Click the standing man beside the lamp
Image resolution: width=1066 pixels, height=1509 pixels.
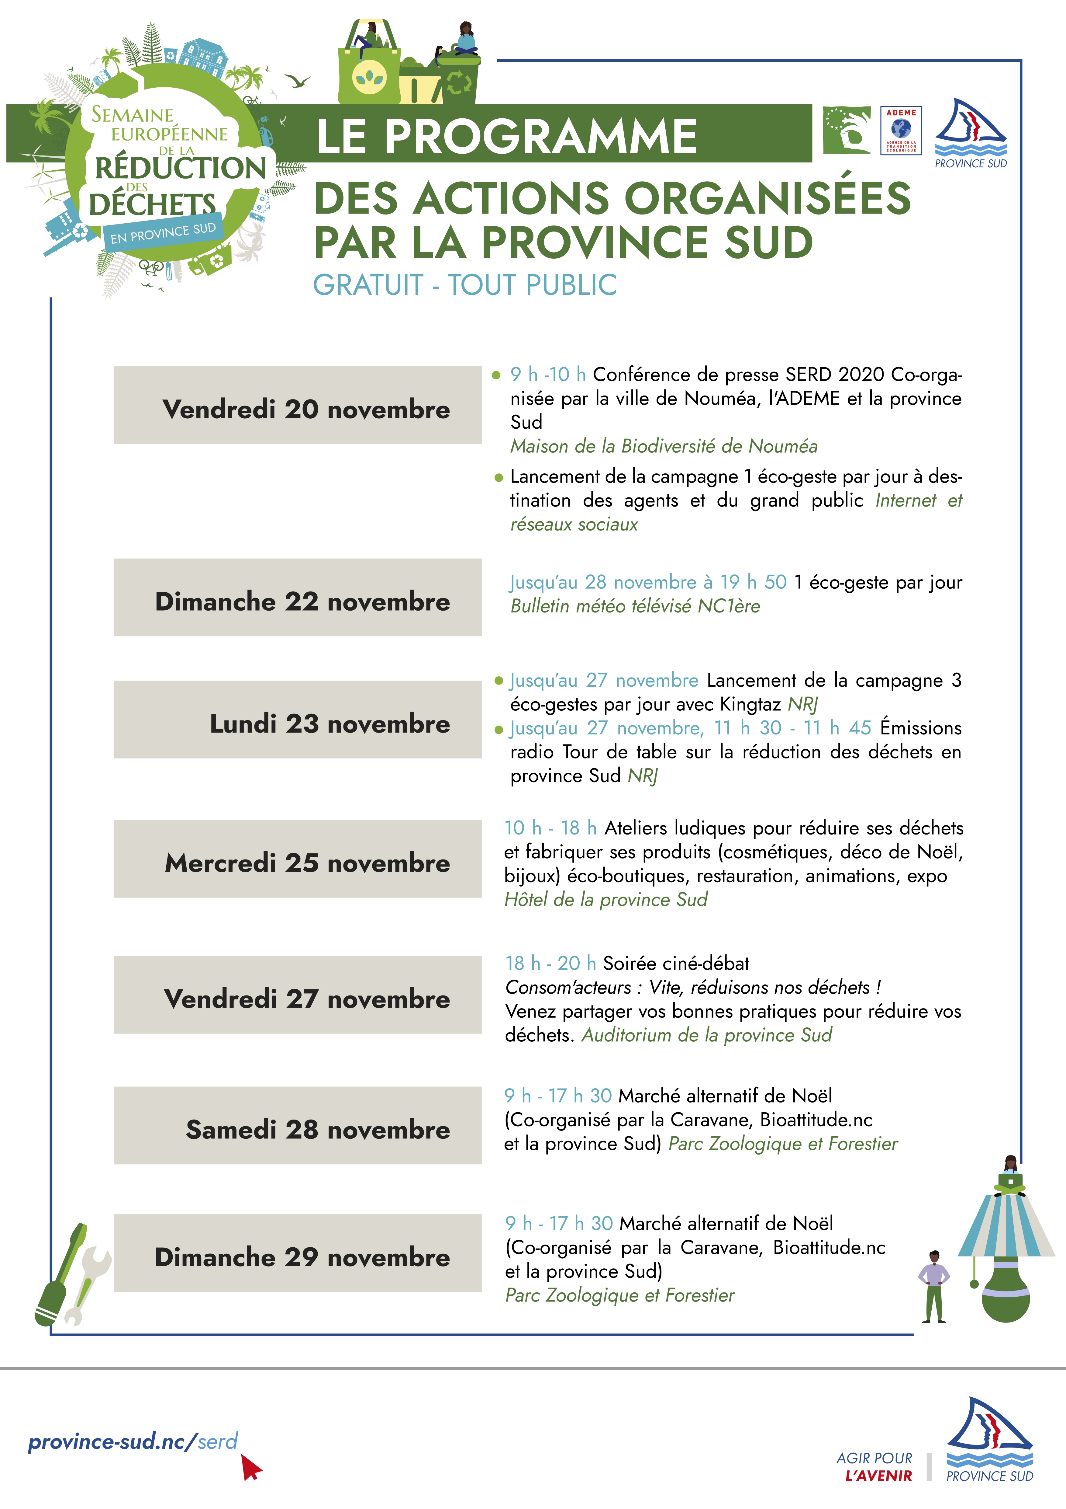tap(933, 1286)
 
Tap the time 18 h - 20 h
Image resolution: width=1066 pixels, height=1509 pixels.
tap(550, 964)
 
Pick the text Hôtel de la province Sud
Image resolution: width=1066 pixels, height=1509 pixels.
tap(605, 900)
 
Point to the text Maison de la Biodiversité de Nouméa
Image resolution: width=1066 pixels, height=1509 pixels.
tap(663, 446)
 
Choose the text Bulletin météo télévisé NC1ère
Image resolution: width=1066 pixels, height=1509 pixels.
tap(635, 606)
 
